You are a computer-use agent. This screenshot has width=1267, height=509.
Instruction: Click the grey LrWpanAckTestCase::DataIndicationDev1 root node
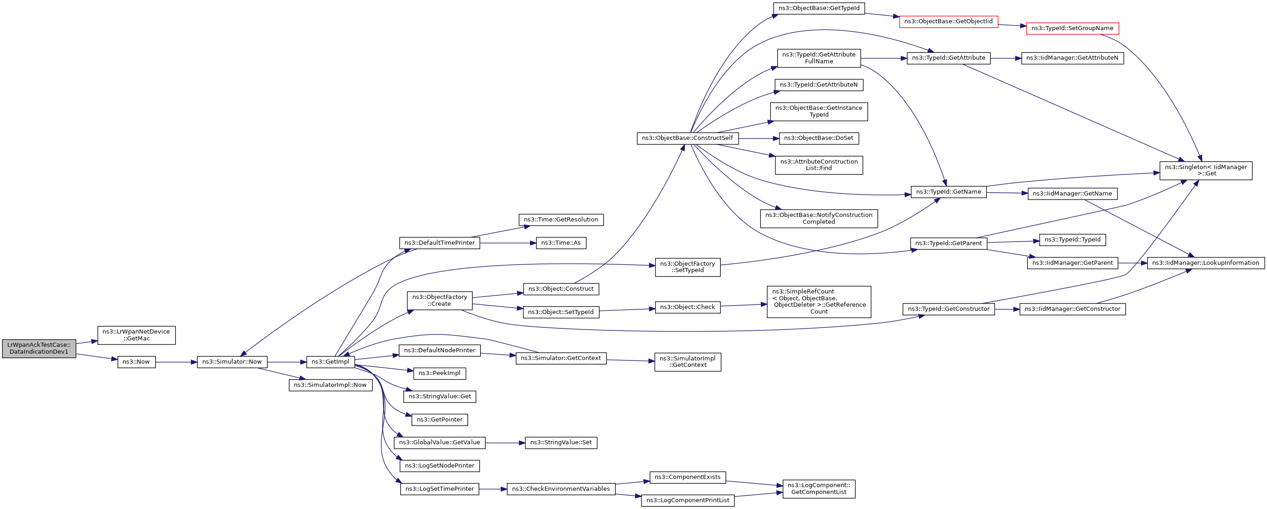tap(39, 348)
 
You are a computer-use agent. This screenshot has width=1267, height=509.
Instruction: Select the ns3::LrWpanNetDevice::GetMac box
tap(136, 335)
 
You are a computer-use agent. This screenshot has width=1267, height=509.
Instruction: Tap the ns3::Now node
tap(136, 362)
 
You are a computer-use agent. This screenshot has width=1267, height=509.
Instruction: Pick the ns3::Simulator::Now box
tap(232, 362)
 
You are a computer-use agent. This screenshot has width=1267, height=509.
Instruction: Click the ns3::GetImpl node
tap(330, 362)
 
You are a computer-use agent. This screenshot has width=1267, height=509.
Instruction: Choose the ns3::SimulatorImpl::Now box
tap(330, 385)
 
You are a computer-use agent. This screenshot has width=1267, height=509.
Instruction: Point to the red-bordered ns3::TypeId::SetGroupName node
tap(1072, 29)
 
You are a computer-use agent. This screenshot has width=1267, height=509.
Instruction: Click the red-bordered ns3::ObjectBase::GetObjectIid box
tap(948, 21)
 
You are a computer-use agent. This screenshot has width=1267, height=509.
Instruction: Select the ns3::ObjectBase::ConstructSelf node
tap(687, 138)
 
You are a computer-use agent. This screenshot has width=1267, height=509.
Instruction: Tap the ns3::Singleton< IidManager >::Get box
tap(1205, 170)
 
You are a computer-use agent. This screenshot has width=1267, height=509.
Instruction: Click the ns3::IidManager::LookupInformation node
tap(1205, 263)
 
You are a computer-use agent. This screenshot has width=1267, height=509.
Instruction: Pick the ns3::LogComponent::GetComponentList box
tap(819, 489)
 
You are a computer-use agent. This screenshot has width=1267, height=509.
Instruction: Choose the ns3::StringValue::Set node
tap(561, 442)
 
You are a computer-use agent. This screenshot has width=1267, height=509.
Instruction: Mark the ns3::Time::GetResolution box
tap(561, 220)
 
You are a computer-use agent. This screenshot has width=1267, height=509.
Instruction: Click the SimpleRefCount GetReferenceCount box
tap(819, 302)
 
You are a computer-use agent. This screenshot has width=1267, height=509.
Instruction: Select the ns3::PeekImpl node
tap(439, 373)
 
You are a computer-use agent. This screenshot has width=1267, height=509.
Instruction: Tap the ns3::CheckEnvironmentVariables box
tap(561, 489)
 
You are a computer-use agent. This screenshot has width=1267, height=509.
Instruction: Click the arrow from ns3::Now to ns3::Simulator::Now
tap(176, 362)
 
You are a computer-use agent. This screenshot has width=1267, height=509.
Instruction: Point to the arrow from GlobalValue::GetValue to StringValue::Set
tap(505, 442)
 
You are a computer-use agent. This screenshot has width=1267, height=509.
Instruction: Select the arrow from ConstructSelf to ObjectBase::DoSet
tap(759, 139)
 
